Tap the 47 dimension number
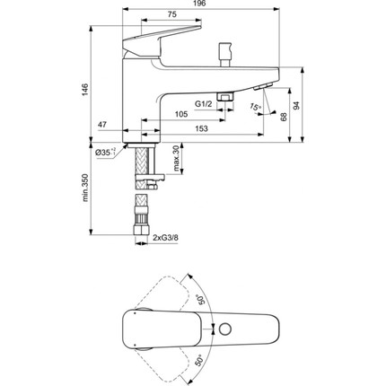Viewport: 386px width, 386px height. point(103,125)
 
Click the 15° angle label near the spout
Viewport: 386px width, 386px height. point(258,110)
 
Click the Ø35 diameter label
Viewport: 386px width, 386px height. point(106,154)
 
